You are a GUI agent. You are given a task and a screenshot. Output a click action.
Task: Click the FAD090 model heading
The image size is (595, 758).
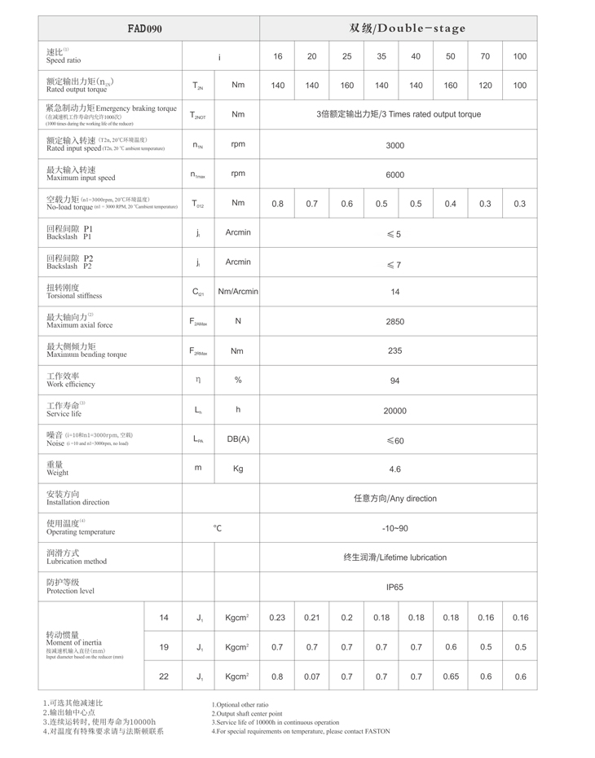pos(145,29)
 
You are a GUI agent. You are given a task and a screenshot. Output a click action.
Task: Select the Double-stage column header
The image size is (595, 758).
pos(407,29)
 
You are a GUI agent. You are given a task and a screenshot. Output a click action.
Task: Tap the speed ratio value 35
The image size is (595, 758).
pos(381,56)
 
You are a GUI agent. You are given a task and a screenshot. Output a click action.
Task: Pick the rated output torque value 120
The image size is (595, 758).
pos(486,86)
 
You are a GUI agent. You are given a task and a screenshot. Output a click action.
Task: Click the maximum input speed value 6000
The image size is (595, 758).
pos(394,174)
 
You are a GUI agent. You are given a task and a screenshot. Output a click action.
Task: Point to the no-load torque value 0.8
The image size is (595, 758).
pos(278,204)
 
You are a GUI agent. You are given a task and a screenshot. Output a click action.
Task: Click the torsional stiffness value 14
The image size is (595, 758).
pos(394,292)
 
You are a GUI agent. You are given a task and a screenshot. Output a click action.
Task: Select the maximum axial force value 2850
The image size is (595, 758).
pos(394,322)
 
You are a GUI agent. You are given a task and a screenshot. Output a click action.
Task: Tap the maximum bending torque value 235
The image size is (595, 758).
pos(394,351)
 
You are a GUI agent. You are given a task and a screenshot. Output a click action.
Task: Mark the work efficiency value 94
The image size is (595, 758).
pos(394,381)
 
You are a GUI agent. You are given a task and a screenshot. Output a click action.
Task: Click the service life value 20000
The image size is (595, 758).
pos(394,411)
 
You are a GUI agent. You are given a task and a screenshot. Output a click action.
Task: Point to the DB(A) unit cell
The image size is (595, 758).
pos(238,439)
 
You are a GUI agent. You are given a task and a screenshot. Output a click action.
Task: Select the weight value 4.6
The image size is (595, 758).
pos(394,469)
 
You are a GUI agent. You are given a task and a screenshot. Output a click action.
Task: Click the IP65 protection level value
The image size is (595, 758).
pos(394,587)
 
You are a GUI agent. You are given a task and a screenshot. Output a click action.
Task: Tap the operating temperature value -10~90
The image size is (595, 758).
pos(394,528)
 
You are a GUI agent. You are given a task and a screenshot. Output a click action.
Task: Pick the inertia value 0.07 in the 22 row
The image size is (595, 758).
pos(312,676)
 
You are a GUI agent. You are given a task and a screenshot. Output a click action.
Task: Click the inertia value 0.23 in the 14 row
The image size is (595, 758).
pos(277,618)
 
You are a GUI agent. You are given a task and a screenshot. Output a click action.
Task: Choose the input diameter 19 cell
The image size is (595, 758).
pos(164,647)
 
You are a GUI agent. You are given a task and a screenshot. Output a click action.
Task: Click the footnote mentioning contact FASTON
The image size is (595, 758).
pos(301,731)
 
